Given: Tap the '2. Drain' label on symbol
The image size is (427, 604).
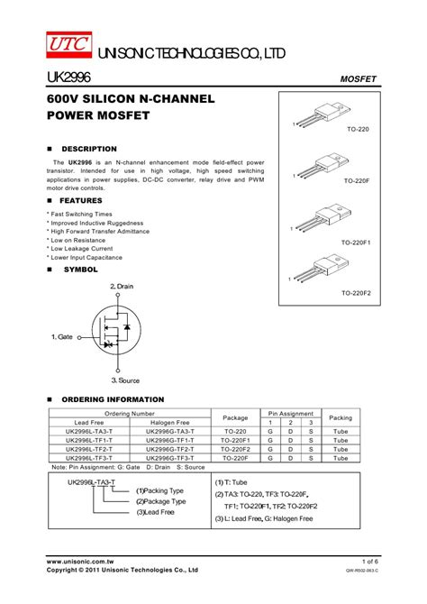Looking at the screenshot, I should pyautogui.click(x=122, y=286).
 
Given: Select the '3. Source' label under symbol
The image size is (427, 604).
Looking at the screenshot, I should pyautogui.click(x=125, y=380).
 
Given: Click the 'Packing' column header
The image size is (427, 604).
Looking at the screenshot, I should pyautogui.click(x=341, y=418).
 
